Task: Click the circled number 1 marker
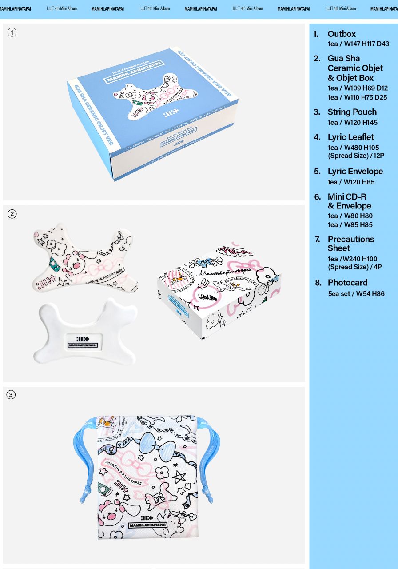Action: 12,32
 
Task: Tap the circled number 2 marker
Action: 12,214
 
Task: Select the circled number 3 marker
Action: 11,395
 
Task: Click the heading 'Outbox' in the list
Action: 342,34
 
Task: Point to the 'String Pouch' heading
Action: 352,112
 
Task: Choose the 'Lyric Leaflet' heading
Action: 350,137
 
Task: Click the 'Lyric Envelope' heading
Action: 355,171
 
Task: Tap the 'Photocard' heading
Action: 347,283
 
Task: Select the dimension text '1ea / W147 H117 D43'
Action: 358,44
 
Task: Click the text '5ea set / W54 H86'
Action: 356,294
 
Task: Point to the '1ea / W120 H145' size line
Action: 352,122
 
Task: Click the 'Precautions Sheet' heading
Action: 350,244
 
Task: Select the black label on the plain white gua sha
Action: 83,342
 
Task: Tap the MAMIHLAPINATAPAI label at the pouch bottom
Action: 148,525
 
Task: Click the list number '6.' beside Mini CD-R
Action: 317,197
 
